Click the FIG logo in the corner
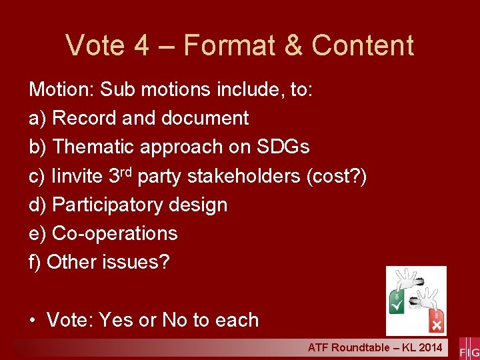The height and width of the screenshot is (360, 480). coord(469,349)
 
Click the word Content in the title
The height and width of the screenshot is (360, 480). coord(363,45)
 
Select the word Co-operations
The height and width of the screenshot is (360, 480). coord(115,233)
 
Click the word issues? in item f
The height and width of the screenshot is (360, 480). coord(136,262)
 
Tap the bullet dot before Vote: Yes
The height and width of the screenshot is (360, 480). coord(33,321)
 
